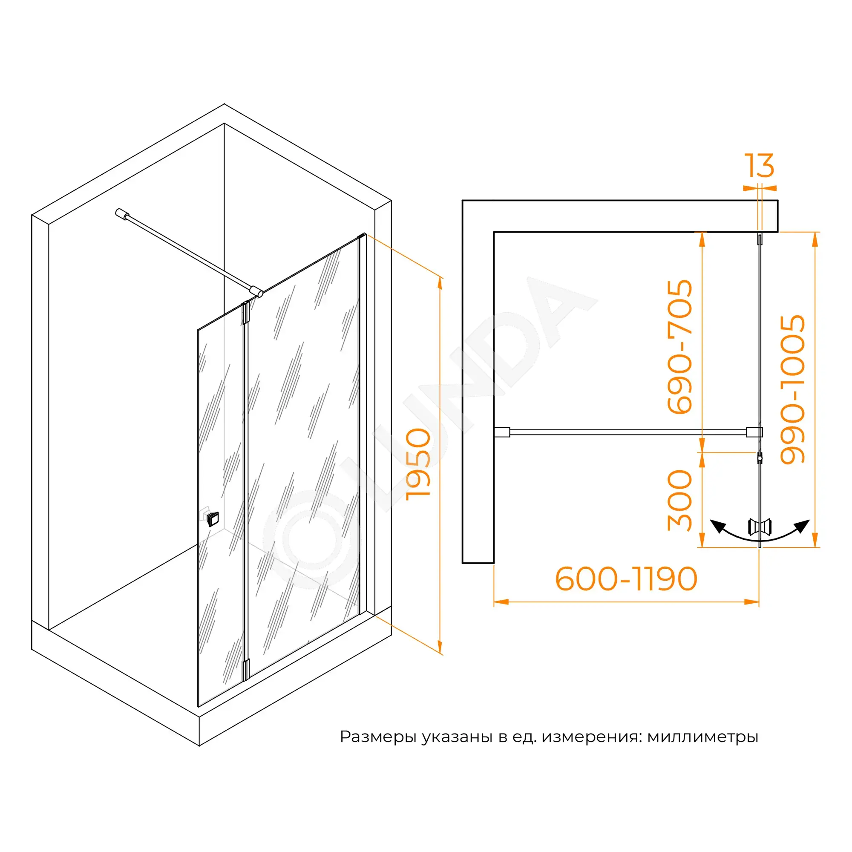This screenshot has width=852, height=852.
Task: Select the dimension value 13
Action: tap(759, 166)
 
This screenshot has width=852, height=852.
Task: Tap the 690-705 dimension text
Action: tap(679, 347)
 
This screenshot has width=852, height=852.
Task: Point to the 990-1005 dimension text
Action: tap(792, 389)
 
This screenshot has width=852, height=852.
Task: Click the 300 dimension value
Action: tap(679, 501)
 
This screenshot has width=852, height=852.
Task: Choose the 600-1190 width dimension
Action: tap(626, 579)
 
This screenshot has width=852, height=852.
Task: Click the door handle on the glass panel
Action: tap(213, 519)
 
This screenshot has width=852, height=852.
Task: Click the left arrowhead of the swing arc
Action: tap(717, 526)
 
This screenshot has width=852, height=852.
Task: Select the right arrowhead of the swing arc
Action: tap(802, 526)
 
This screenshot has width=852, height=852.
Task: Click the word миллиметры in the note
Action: tap(702, 737)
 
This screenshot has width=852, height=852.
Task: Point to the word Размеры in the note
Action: tap(378, 737)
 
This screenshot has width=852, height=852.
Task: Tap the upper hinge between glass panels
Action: tap(246, 313)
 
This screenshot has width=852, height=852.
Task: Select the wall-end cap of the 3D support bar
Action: tap(121, 213)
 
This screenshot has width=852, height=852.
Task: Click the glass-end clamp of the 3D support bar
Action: tap(256, 291)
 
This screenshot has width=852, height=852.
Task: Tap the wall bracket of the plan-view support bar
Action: tap(502, 432)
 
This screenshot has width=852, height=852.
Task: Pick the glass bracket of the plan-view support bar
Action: tap(754, 432)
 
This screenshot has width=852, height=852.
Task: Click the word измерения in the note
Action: tap(591, 737)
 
